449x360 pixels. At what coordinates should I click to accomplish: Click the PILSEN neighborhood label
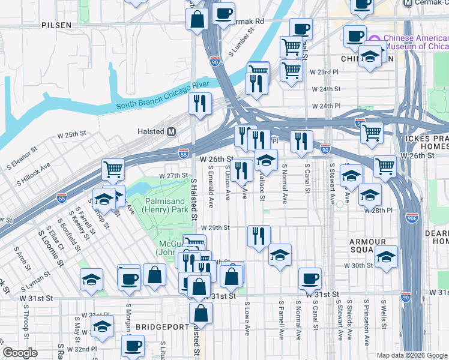coord(56,25)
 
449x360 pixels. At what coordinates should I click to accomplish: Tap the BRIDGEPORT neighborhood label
coord(160,326)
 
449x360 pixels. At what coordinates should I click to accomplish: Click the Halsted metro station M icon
coord(172,131)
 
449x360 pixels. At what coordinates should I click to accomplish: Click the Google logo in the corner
coord(20,353)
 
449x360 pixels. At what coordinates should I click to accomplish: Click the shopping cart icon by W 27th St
coord(113,169)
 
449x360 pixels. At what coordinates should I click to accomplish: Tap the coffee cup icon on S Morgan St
coord(129,278)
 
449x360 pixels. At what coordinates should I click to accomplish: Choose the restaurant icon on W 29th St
coord(259,235)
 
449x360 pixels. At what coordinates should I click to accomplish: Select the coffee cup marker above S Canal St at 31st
coord(310,278)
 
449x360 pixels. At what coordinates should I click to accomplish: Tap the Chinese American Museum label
coord(415,42)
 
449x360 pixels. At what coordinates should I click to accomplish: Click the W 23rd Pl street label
coord(322,71)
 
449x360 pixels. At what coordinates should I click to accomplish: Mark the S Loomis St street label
coord(51,245)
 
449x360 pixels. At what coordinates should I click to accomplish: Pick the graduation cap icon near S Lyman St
coord(91,279)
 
